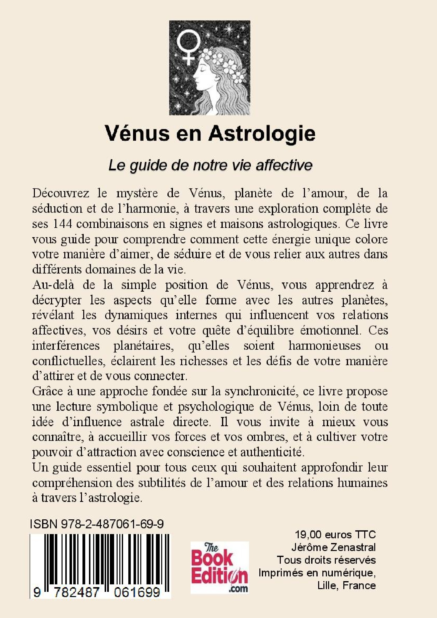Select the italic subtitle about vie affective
210,166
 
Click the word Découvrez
61,194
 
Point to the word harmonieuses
324,345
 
